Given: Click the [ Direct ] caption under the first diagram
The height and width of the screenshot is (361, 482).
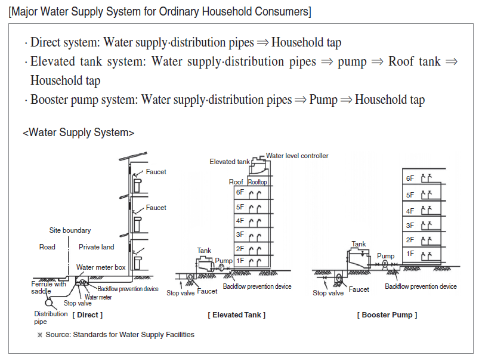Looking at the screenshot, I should tap(88, 314).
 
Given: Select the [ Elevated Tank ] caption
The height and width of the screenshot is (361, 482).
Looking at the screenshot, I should tap(237, 314).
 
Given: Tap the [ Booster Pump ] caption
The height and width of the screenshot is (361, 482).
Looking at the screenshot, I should tap(387, 314).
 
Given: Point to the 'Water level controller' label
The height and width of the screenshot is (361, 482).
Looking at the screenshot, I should tap(297, 156).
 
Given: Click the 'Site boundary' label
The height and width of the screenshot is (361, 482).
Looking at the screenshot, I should tap(70, 230).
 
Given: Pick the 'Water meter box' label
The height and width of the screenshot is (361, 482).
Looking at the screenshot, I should tap(101, 267).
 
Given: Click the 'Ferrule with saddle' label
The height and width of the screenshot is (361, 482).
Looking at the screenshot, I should tap(49, 287).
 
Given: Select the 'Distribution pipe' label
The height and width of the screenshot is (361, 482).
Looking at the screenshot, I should tap(51, 317).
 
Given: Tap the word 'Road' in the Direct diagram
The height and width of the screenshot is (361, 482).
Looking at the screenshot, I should tap(47, 247).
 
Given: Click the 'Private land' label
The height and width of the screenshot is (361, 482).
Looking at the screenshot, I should tap(96, 247).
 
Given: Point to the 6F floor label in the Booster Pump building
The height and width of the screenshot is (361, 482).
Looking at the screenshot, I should tap(410, 178).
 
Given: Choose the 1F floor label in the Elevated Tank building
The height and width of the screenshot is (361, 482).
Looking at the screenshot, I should tap(240, 261).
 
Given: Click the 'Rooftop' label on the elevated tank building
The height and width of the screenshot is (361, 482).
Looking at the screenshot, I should tap(257, 182).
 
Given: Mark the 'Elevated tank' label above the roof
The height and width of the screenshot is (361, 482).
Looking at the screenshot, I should tap(230, 162).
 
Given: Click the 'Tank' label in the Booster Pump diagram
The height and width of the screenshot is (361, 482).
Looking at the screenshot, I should tap(359, 244).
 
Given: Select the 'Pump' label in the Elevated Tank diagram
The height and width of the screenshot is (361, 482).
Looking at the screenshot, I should tap(224, 261).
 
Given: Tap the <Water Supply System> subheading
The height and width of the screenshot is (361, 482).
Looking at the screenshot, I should tap(78, 132).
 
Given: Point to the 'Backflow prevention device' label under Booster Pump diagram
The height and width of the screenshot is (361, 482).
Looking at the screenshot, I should tap(421, 286).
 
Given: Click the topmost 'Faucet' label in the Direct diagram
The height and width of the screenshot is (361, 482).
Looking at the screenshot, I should tap(156, 172).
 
